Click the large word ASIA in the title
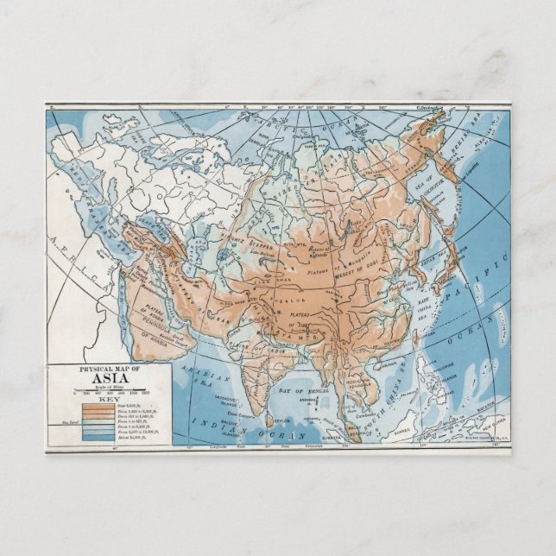coord(108,382)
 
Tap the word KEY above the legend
coord(108,400)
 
